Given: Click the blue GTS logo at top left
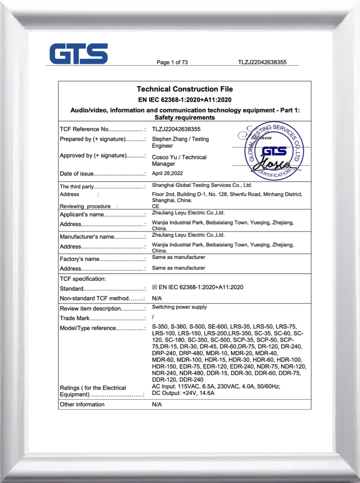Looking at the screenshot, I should pos(79,54).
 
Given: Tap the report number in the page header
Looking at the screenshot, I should pos(262,63).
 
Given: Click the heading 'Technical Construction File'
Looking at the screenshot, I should pos(184,89).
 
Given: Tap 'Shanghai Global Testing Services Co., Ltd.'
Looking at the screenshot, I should pos(202,185).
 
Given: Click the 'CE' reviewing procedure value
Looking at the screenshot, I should pos(156,206).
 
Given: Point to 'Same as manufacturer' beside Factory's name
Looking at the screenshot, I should pos(178,257).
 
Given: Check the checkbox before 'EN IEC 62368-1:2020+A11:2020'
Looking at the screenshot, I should pos(155,287).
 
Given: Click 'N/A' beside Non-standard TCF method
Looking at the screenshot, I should pos(157,298).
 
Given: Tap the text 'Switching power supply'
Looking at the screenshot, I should pos(179,307).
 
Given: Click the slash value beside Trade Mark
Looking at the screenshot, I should pos(153,317).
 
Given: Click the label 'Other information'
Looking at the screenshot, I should pos(82,404).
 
